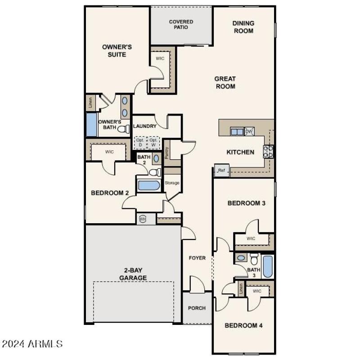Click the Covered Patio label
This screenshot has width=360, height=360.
tap(181, 24)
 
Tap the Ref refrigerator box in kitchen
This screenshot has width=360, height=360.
tap(221, 171)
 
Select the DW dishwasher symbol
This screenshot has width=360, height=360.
tap(249, 131)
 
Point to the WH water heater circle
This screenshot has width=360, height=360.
tap(143, 219)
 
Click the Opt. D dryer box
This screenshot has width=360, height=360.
tap(139, 142)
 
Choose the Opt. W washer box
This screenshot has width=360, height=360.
tap(154, 142)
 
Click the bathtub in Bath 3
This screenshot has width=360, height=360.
tap(267, 267)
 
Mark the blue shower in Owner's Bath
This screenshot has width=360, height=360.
tap(91, 125)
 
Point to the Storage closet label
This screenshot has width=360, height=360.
tap(172, 183)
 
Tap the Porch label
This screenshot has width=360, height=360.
tap(197, 308)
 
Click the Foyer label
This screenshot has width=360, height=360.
tap(197, 258)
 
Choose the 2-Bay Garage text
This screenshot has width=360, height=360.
tap(133, 274)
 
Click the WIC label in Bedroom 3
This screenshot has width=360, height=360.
tap(251, 238)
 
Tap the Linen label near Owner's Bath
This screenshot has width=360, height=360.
tap(90, 103)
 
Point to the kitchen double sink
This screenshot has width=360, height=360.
tap(237, 131)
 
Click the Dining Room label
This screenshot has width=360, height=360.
tap(243, 27)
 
